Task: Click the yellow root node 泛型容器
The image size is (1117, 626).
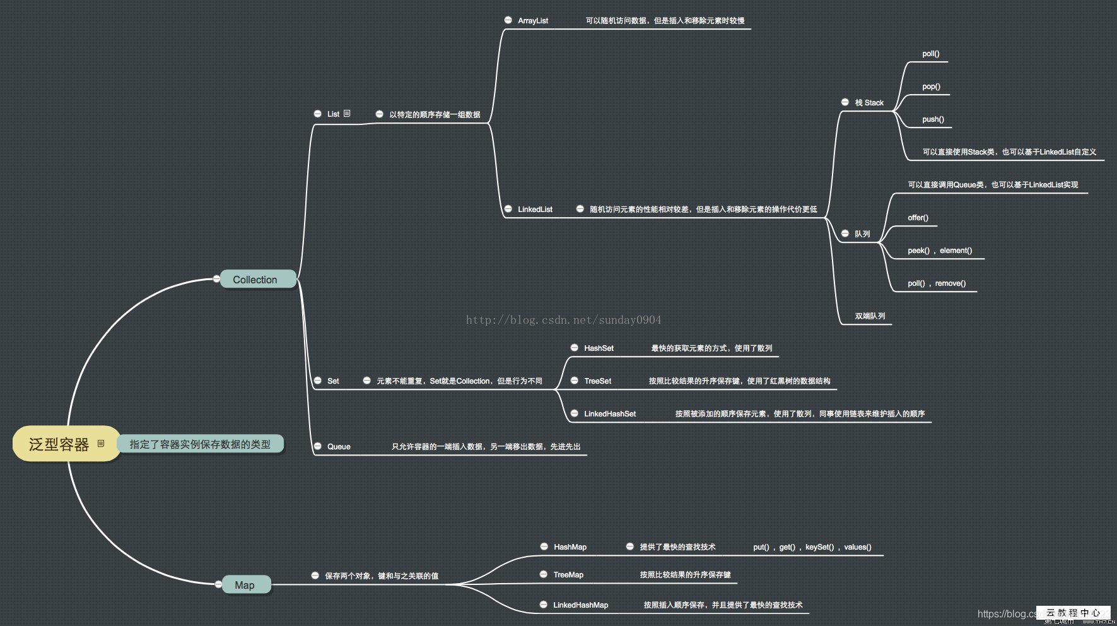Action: (59, 444)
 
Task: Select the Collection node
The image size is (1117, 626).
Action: (255, 280)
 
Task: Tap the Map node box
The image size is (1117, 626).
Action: (245, 585)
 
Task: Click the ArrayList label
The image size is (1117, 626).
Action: (533, 21)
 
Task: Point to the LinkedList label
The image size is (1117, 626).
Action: (535, 210)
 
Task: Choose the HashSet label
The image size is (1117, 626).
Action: (599, 348)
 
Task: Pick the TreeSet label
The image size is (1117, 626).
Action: (597, 381)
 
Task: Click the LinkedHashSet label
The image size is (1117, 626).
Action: (610, 414)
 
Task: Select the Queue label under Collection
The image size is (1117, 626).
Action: (339, 447)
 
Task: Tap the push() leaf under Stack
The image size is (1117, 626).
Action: (933, 119)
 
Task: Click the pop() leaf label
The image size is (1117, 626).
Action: (931, 86)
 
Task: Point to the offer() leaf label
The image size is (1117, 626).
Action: (918, 218)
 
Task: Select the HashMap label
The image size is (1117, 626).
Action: (570, 547)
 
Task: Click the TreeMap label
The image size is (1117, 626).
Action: (568, 575)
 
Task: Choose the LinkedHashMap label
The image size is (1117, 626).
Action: (581, 605)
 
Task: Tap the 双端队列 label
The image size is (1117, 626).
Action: (870, 316)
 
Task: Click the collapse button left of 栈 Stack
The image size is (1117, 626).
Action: (845, 102)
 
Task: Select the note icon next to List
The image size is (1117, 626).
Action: (347, 114)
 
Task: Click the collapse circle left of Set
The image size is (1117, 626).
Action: (318, 381)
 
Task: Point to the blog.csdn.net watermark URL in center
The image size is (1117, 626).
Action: (563, 320)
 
